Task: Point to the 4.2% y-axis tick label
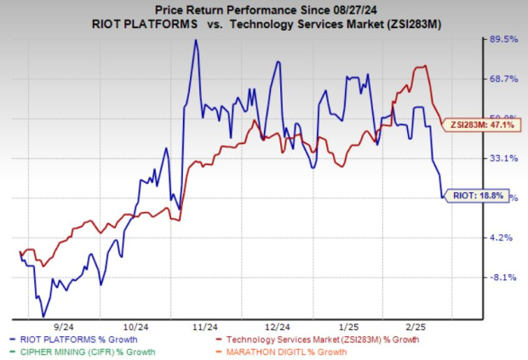[502, 237]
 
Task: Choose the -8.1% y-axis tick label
[502, 277]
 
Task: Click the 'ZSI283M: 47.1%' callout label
[480, 125]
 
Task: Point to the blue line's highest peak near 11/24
[197, 40]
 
